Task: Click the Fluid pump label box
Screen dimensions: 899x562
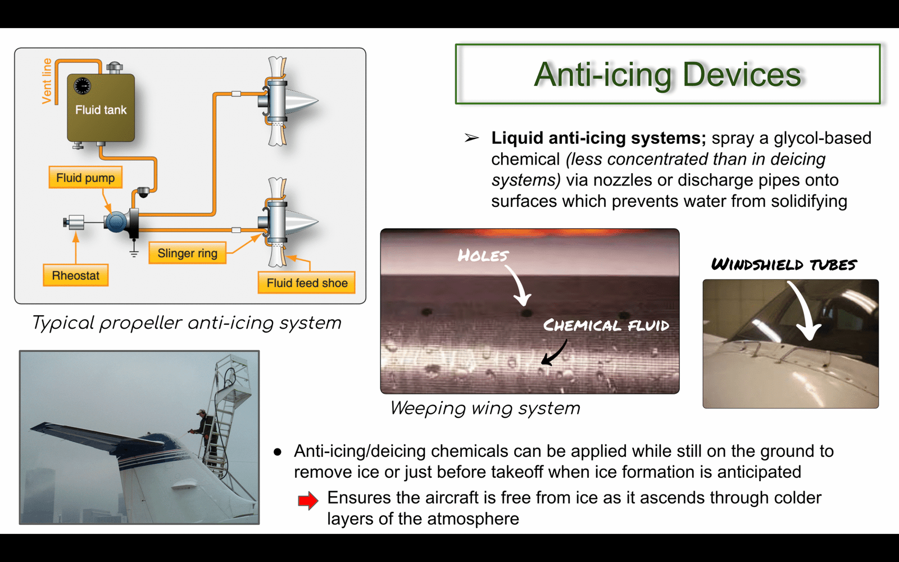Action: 85,178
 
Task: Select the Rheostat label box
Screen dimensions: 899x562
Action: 75,275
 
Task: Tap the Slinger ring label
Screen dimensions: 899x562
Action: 188,253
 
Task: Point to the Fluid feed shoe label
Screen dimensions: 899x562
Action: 307,283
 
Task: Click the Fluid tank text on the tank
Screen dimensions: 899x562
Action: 101,110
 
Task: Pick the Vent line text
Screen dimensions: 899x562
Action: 47,81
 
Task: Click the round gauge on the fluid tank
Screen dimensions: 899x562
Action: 82,85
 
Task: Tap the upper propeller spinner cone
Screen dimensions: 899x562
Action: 301,101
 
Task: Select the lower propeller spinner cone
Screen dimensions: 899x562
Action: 301,222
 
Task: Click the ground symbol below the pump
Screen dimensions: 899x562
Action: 134,252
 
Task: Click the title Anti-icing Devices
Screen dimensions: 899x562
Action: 668,74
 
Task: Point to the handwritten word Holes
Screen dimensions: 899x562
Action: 483,255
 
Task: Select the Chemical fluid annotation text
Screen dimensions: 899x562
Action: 606,325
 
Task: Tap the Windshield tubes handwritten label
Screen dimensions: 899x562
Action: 784,265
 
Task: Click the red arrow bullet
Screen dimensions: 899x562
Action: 308,500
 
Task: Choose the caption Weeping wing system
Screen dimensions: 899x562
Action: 485,408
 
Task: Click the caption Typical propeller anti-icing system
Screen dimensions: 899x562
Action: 187,323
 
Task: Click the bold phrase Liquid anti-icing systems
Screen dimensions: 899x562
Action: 598,138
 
